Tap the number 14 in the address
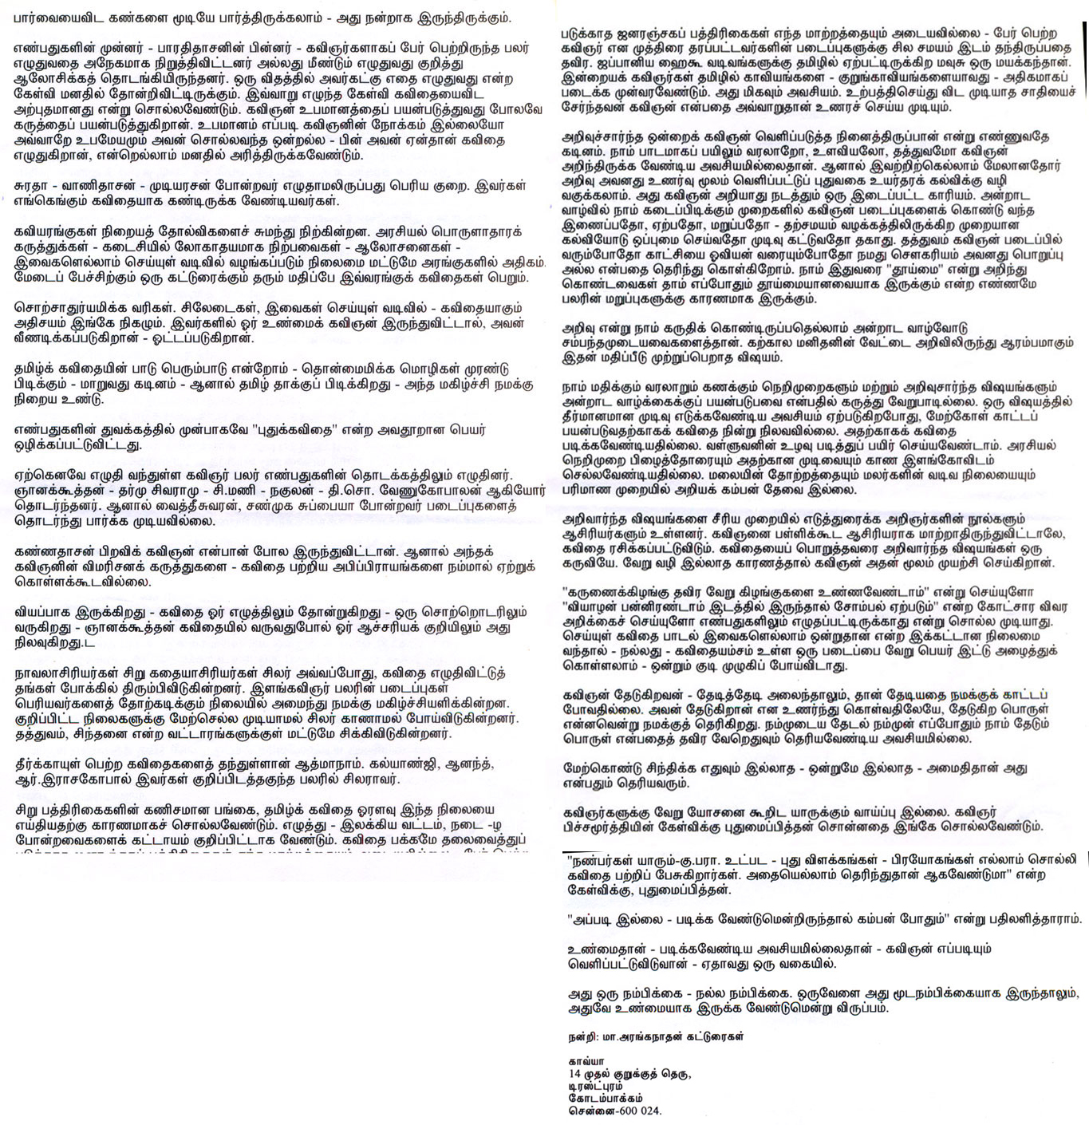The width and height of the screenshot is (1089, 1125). pos(574,1074)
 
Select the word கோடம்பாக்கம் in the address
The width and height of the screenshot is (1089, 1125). pos(606,1098)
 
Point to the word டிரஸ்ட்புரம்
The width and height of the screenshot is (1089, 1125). pos(597,1086)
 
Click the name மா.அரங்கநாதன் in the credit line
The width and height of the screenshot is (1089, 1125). pos(641,1038)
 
